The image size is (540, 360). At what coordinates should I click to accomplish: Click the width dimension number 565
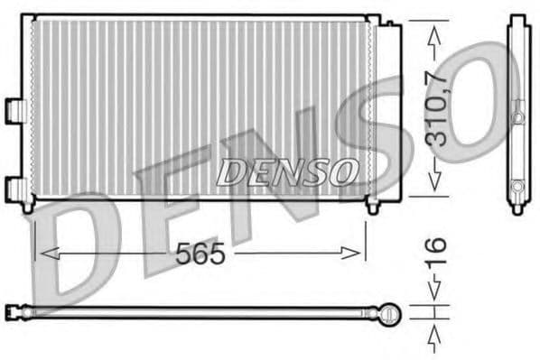tap(200, 255)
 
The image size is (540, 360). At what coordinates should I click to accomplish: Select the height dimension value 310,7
tap(438, 109)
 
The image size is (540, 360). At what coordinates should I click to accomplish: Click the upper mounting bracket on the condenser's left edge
tap(13, 107)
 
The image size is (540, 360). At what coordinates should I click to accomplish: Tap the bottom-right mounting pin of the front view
tap(371, 207)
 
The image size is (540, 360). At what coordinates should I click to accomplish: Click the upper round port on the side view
tap(517, 116)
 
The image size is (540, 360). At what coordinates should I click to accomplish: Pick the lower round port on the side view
tap(517, 187)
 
